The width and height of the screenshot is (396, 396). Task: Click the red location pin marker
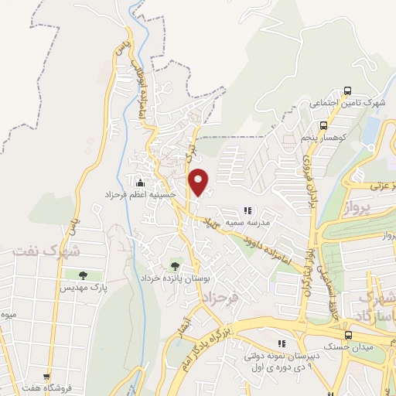pos(200,182)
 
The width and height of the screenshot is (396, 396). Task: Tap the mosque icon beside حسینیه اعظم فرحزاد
pos(140,183)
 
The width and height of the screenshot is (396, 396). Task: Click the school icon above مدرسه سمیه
pos(247,210)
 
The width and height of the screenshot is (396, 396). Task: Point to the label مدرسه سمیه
pos(253,222)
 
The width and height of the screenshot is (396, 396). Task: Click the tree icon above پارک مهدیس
pos(82,275)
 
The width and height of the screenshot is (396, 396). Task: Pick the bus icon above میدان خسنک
pos(348,335)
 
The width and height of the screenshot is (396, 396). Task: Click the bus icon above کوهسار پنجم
pos(323,124)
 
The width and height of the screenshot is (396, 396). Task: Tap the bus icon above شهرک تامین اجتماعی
pos(346,90)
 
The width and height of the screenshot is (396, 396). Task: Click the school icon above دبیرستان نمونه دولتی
pos(282,343)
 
